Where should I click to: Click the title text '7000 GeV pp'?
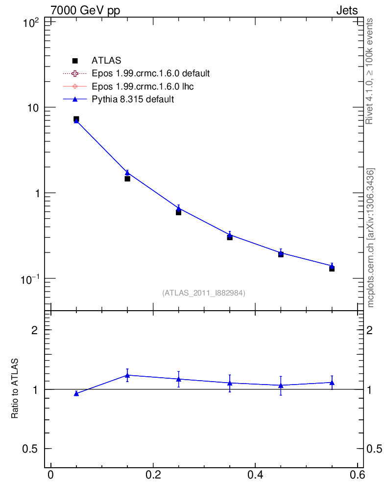[86, 10]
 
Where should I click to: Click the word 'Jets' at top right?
[346, 10]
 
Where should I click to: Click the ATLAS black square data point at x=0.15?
[127, 179]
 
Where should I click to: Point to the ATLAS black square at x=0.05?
[76, 119]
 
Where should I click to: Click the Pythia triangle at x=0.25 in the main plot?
[179, 208]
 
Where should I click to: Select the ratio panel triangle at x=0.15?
[127, 375]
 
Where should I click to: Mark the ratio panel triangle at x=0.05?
[76, 393]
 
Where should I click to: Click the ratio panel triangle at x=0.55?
[332, 382]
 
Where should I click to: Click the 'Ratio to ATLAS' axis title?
[15, 388]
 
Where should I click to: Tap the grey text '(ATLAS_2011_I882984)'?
[204, 293]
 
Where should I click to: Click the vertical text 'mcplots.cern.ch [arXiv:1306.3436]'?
[371, 238]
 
